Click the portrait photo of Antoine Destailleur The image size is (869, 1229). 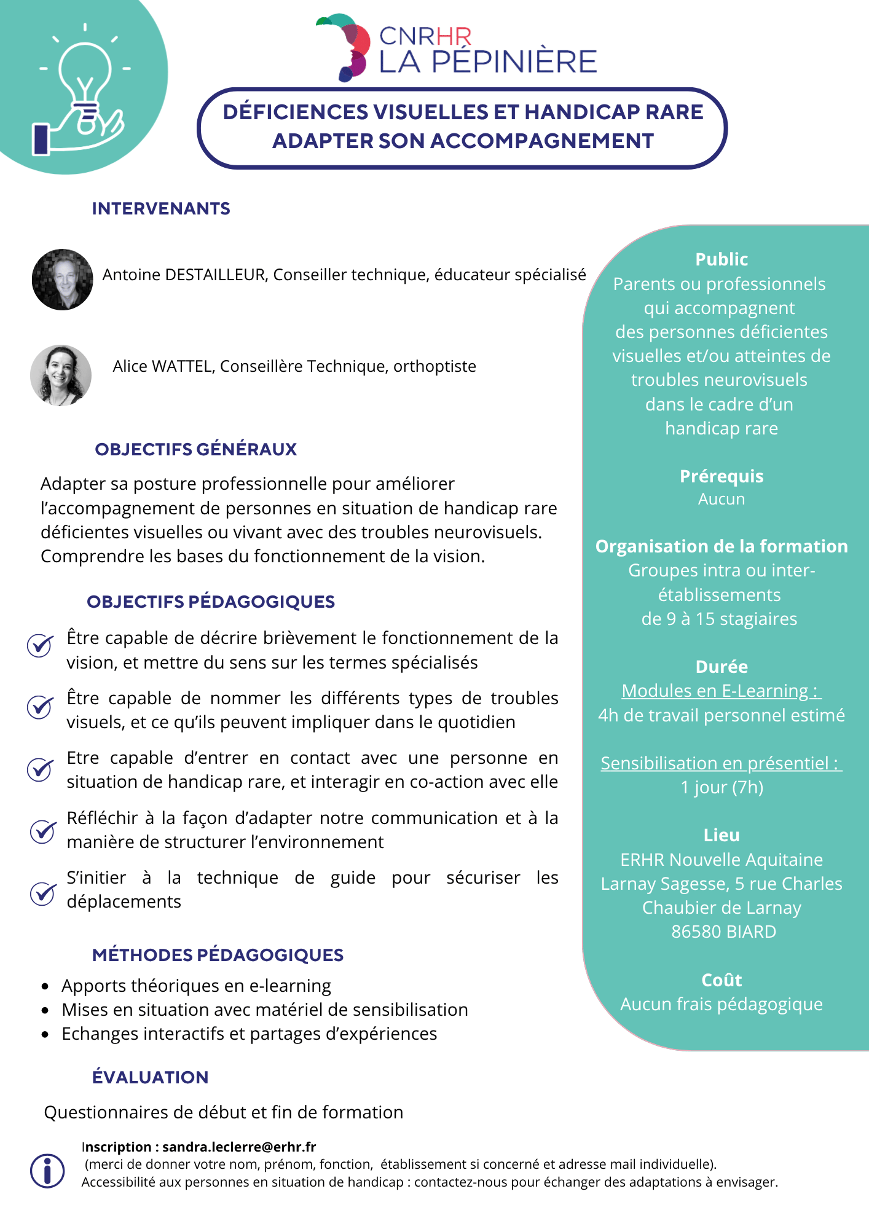62,280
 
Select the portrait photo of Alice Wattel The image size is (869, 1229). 61,375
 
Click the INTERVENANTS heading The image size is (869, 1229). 161,209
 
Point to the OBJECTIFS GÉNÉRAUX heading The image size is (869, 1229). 195,449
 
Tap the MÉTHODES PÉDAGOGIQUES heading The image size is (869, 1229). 218,955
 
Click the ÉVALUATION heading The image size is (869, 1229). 151,1077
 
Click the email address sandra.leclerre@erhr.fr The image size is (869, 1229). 239,1147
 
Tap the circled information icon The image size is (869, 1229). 47,1170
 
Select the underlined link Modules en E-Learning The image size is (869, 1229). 721,691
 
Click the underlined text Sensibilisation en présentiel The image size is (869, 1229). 721,763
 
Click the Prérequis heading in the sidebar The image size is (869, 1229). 722,476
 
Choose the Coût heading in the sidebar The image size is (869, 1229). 722,980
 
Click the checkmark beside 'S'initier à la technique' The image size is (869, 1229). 42,893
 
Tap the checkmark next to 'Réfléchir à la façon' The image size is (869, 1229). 42,831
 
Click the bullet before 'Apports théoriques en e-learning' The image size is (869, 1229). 45,986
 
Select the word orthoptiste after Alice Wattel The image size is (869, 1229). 434,366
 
